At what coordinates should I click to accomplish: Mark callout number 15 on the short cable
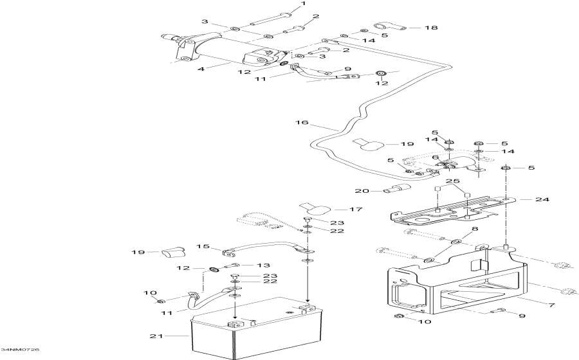(199, 246)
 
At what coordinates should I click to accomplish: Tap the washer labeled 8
(455, 242)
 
